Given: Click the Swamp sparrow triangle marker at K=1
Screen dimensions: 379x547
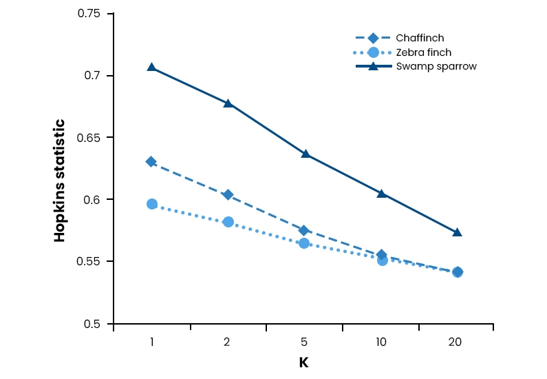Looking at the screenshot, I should point(151,67).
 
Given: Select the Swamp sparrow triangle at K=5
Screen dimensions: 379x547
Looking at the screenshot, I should point(305,154).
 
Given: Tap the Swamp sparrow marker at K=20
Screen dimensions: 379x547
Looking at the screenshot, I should point(457,232).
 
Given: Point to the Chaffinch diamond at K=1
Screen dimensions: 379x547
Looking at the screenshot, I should point(151,161).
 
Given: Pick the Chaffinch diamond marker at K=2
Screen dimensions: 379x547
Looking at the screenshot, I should point(228,195).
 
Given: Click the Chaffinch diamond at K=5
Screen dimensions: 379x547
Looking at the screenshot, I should point(305,230).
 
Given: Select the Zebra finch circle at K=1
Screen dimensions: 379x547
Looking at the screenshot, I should point(152,204).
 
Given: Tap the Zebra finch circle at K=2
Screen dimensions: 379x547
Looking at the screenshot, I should point(228,222).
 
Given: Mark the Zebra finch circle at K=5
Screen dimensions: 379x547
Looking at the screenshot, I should point(305,243).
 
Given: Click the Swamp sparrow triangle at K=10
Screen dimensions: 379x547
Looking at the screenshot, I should point(381,194).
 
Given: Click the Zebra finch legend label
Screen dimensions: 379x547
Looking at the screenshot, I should point(423,52).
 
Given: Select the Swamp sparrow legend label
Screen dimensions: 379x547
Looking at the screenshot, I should point(436,66).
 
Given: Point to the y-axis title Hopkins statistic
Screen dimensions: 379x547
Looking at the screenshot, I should point(60,181).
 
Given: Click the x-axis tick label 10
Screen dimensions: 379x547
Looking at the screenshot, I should point(381,342).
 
